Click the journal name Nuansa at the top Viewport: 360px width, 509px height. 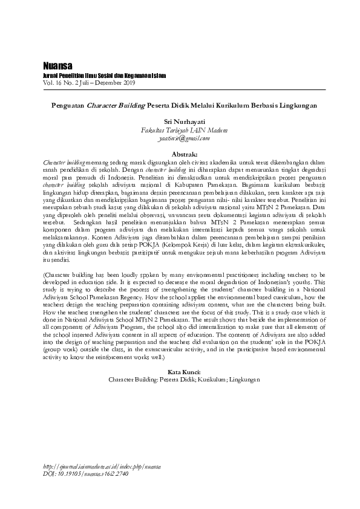coord(56,65)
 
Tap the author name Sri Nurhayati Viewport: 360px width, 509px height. coord(179,122)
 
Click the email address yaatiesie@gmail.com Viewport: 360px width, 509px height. coord(180,138)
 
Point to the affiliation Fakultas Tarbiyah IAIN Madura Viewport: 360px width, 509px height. coord(180,130)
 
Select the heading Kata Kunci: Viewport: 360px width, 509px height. coord(180,372)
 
